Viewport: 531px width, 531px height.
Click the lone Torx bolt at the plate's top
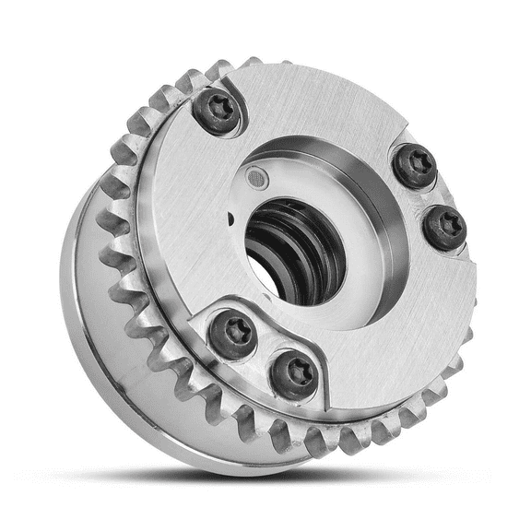coord(218,112)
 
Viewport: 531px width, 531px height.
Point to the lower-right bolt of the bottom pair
coord(294,373)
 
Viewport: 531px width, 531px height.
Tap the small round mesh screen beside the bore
coord(255,175)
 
